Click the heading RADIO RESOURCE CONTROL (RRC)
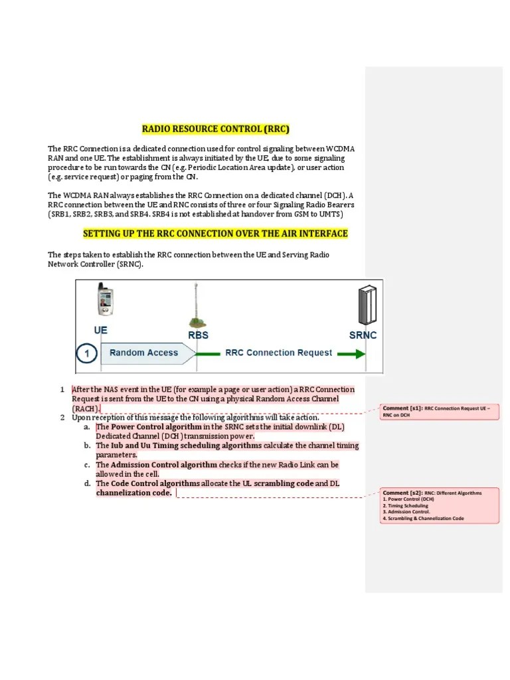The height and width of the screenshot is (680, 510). pos(216,129)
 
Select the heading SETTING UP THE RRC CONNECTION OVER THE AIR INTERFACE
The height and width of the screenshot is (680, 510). pos(215,234)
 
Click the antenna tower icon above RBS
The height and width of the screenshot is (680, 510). pos(195,305)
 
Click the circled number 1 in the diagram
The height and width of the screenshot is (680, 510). pos(86,353)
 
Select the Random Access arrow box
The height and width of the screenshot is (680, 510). pos(144,353)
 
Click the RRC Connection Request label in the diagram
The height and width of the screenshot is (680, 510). pos(279,353)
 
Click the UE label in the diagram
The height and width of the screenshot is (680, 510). pos(101,329)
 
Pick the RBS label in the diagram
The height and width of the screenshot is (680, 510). pos(199,335)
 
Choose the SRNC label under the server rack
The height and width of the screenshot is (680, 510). pos(363,335)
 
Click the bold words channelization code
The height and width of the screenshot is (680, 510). pos(133,493)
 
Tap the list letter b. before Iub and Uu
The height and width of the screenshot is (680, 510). pos(87,446)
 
